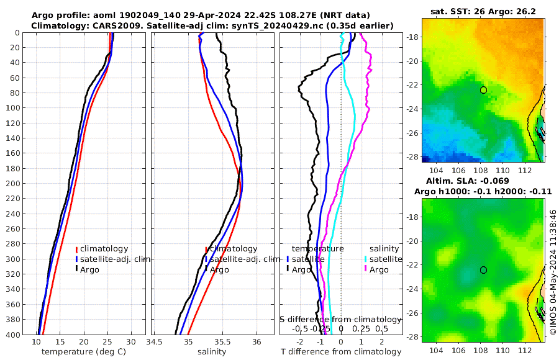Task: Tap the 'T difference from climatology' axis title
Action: coord(340,352)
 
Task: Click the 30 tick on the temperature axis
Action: coord(131,341)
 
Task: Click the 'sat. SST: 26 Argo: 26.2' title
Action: coord(483,11)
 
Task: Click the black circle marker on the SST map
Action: coord(483,90)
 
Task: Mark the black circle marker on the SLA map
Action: coord(483,270)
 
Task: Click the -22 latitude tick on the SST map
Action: coord(411,85)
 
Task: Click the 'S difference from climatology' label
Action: coord(340,318)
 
